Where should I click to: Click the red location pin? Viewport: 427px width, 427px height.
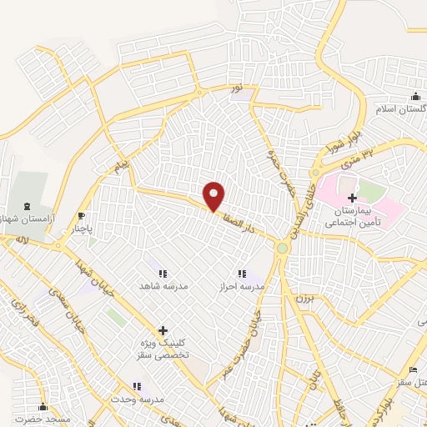tap(214, 196)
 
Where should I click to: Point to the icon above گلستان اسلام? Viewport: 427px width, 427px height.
tap(415, 97)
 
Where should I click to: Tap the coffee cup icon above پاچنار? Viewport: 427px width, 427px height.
tap(81, 214)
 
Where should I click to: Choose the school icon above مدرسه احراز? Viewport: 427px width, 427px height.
tap(241, 274)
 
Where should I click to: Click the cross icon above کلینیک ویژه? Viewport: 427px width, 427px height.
tap(163, 330)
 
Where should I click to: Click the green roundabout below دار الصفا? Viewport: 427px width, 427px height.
tap(283, 248)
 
